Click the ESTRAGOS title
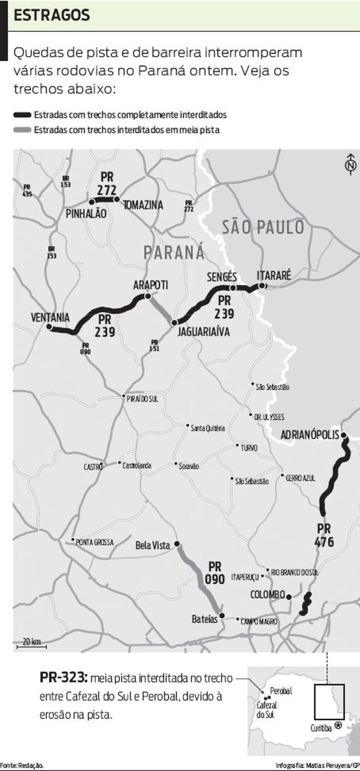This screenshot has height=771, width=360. coord(51,16)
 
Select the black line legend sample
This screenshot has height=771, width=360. coord(22,115)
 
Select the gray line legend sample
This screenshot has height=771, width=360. coord(22,130)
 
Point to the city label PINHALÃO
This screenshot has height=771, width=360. coord(86,214)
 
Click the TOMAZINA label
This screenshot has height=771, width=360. coord(143,206)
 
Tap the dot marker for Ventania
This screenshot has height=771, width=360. coord(49,327)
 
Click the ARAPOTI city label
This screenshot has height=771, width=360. coord(151,285)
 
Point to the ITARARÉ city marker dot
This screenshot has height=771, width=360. coord(262,286)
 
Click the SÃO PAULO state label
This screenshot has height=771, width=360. coord(263,227)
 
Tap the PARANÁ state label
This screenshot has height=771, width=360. coord(175,252)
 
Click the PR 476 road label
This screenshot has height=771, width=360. coord(324,535)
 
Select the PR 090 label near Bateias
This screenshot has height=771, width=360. coord(215,573)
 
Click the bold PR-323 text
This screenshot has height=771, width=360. coord(63,678)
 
